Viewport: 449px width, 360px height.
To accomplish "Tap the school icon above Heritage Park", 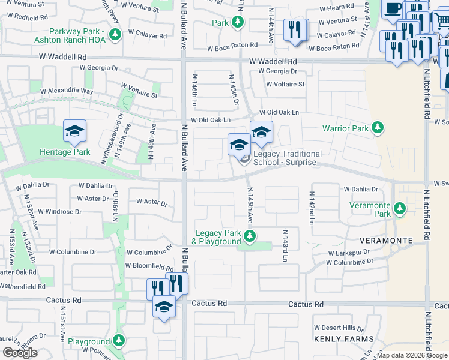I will click(74, 131).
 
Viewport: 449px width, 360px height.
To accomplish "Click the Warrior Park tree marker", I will click(378, 128).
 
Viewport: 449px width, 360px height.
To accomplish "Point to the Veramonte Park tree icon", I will click(400, 209).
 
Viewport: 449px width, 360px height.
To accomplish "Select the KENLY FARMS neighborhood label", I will click(339, 339).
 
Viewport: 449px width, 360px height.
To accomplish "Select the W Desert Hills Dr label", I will click(338, 328).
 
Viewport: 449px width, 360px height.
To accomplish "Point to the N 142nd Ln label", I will click(312, 208).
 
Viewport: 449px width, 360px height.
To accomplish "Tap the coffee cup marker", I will click(394, 10).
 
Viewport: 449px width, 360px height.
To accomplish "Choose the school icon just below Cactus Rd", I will click(163, 307).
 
